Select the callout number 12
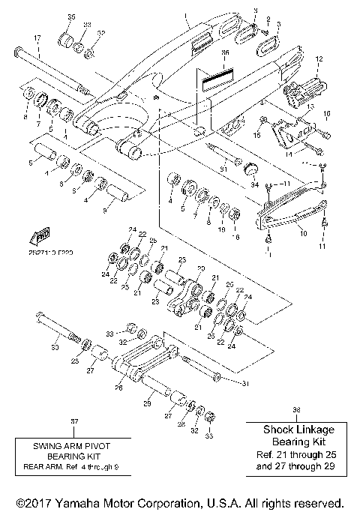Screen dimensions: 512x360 (318, 58)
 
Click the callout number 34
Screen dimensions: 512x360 (254, 184)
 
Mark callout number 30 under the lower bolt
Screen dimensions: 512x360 (54, 347)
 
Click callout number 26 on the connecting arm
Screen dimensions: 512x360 (118, 388)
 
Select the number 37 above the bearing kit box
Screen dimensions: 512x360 (73, 422)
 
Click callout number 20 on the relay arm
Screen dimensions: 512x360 (199, 269)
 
